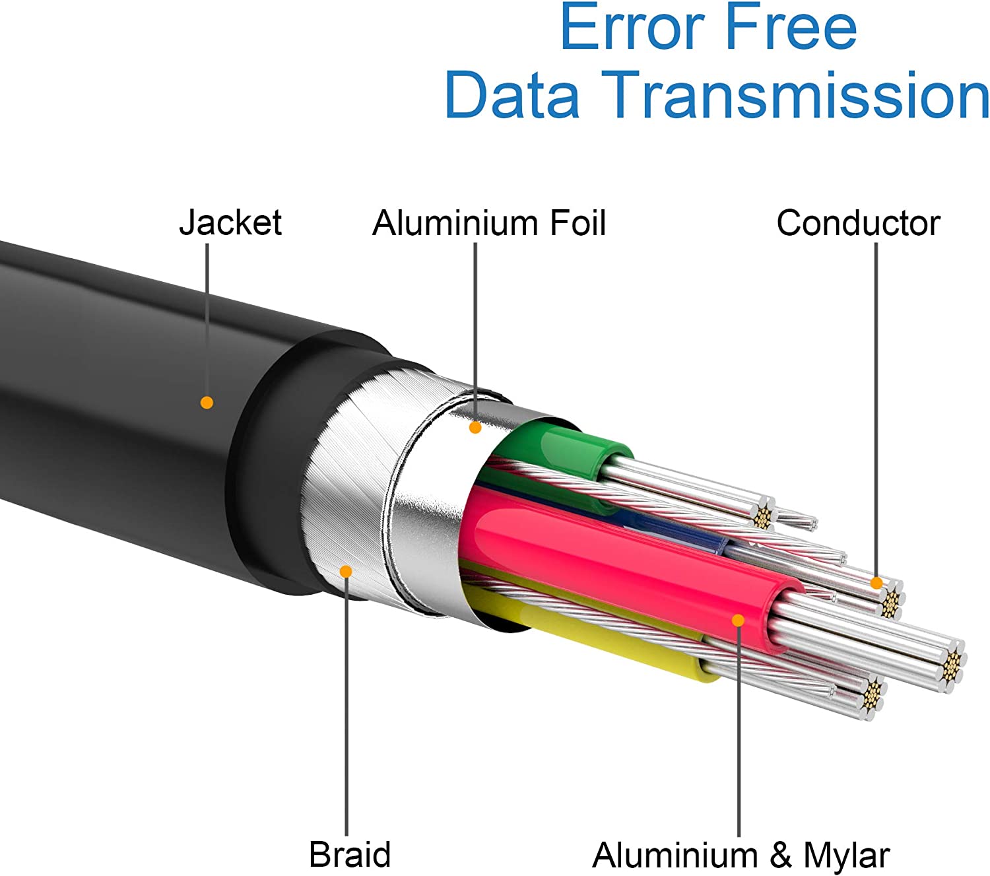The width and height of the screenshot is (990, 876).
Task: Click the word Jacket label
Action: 230,223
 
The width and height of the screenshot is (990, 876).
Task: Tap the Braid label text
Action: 350,854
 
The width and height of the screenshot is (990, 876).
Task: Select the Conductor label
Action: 858,223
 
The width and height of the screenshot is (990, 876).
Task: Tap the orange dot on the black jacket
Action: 207,402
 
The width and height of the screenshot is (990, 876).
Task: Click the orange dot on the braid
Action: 346,571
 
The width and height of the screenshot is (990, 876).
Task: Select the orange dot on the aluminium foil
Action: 475,428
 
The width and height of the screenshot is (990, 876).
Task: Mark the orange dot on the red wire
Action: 739,621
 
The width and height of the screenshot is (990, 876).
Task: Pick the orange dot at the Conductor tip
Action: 876,583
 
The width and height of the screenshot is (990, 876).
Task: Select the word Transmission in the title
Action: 795,94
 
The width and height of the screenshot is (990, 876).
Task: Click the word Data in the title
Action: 511,94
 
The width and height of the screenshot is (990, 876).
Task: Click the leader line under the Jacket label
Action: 207,320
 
